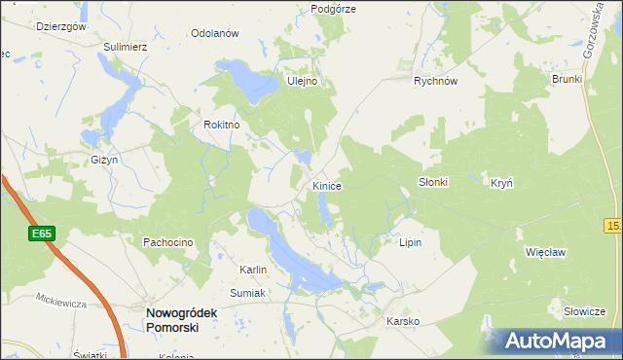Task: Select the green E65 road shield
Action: pyautogui.click(x=41, y=234)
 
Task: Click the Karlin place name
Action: pyautogui.click(x=253, y=270)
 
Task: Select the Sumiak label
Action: pyautogui.click(x=247, y=292)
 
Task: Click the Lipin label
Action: pyautogui.click(x=410, y=242)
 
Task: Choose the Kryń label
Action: pyautogui.click(x=501, y=182)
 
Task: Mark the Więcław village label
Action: pyautogui.click(x=545, y=251)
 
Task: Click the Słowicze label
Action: pyautogui.click(x=584, y=311)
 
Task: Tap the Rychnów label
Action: pyautogui.click(x=435, y=82)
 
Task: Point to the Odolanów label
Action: pyautogui.click(x=215, y=33)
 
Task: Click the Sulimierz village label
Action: pyautogui.click(x=125, y=46)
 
